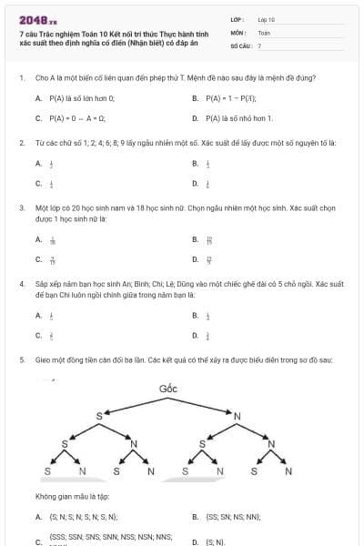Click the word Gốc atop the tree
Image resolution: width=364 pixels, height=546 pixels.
click(167, 389)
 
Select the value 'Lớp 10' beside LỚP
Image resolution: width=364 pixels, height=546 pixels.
click(266, 19)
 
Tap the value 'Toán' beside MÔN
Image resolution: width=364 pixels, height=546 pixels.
click(264, 32)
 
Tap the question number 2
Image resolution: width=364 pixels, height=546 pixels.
click(21, 143)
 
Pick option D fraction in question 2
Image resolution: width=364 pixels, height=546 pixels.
click(207, 185)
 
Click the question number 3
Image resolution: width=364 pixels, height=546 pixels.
click(21, 208)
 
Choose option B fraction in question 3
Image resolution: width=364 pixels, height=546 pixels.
click(208, 240)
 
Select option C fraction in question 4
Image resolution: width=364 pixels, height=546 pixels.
click(50, 336)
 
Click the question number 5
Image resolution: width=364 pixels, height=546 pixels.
click(21, 359)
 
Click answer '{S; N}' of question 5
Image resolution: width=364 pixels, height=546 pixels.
click(215, 541)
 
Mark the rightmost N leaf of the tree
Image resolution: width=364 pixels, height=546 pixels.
click(288, 470)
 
